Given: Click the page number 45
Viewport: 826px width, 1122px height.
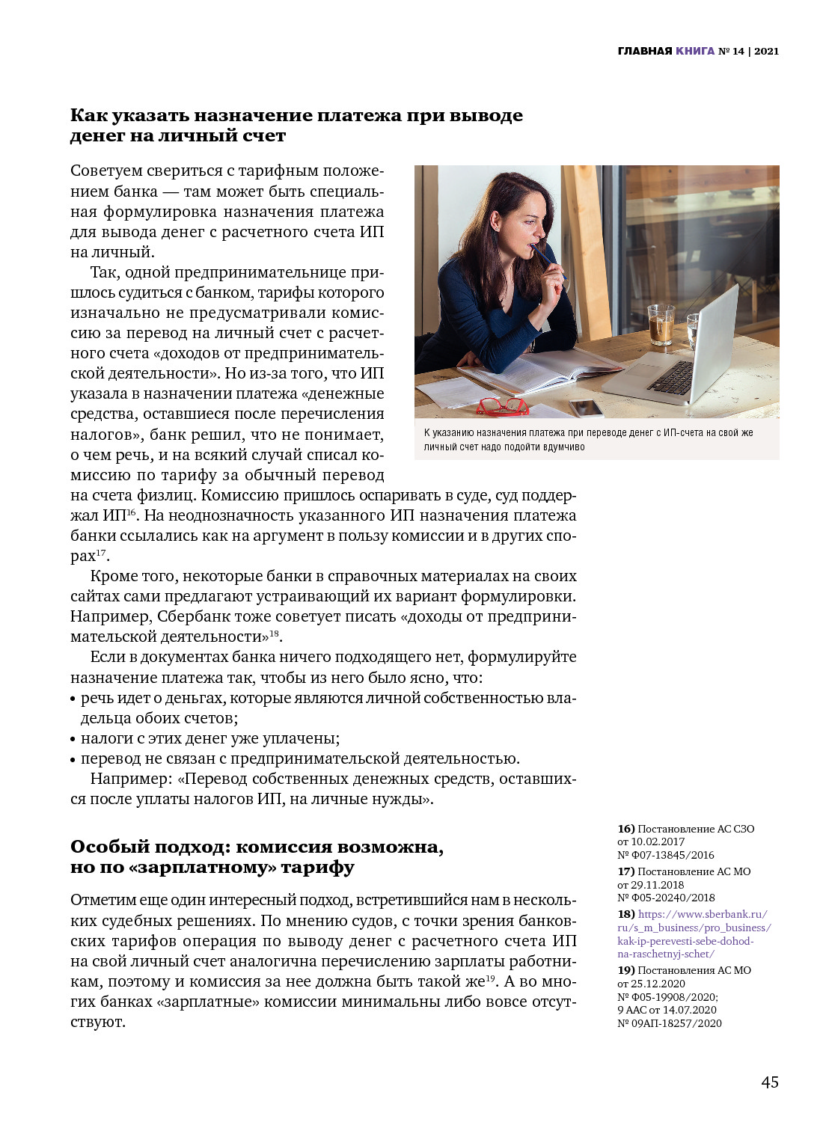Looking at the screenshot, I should point(769,1082).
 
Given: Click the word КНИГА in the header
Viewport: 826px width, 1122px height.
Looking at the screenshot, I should point(695,52).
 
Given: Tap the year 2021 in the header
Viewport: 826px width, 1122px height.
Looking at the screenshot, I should point(766,52).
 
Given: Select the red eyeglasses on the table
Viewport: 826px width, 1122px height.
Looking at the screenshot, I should point(502,406).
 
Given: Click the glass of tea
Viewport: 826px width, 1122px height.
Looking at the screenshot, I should point(661,325).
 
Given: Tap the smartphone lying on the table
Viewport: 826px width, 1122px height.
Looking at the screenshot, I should point(587,408).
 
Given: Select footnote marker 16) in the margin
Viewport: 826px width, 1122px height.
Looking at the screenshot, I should point(625,829).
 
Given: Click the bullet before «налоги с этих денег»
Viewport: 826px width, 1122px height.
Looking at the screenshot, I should point(73,740).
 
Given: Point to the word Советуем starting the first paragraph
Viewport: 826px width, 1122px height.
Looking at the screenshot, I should point(105,171).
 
